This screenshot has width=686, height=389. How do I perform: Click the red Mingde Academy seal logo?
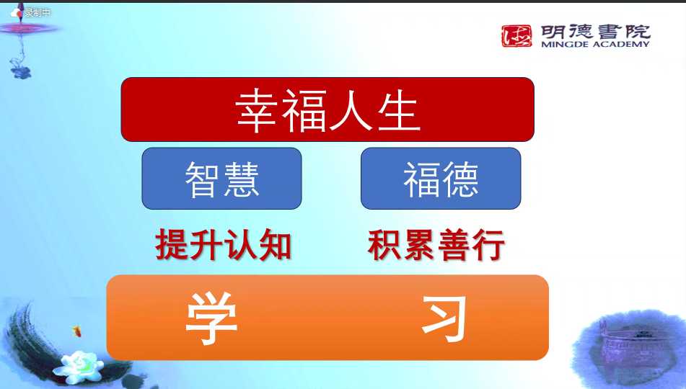516,36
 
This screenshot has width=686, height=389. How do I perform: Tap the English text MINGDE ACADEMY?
595,44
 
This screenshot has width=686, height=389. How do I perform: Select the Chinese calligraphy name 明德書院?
595,32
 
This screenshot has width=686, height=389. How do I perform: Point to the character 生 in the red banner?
399,111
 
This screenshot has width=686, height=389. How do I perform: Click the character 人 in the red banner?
351,111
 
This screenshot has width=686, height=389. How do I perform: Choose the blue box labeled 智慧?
221,179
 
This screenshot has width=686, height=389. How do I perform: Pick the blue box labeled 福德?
441,179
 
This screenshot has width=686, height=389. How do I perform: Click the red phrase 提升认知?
224,245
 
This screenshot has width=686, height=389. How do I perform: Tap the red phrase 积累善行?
436,245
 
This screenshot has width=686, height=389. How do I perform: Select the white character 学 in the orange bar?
212,318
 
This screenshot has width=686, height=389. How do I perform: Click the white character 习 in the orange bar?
444,318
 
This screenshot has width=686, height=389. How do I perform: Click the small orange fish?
77,331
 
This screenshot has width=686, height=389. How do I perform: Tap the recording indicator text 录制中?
38,13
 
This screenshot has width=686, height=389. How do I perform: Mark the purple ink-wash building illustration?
630,345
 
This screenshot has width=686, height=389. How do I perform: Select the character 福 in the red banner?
304,111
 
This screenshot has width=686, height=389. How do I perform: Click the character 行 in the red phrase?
488,245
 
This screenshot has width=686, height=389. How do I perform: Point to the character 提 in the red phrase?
172,245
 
